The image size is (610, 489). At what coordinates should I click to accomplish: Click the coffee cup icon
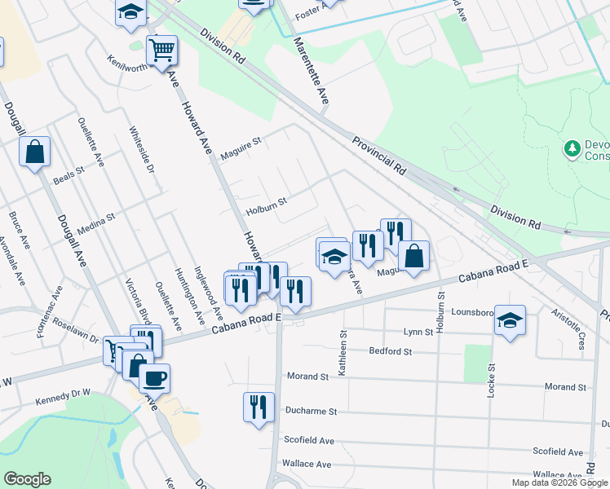click(154, 377)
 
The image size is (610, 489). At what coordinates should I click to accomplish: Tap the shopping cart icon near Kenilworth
click(161, 51)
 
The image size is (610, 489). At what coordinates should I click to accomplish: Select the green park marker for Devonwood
click(572, 149)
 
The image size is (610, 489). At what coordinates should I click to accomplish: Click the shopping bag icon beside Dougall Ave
click(35, 152)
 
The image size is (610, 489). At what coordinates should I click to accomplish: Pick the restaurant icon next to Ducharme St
click(259, 407)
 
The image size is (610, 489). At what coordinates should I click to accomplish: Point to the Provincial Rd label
click(379, 156)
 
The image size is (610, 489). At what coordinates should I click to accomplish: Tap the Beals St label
click(69, 176)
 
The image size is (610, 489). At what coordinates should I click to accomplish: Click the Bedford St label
click(391, 351)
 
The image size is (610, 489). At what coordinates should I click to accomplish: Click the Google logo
click(28, 479)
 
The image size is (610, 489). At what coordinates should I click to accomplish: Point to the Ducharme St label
click(311, 412)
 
